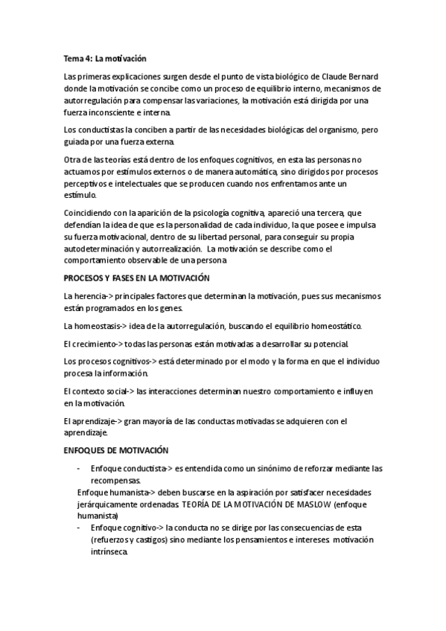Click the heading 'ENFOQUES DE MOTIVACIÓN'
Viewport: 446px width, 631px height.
coord(117,450)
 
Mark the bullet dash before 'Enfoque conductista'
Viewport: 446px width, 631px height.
coord(78,469)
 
